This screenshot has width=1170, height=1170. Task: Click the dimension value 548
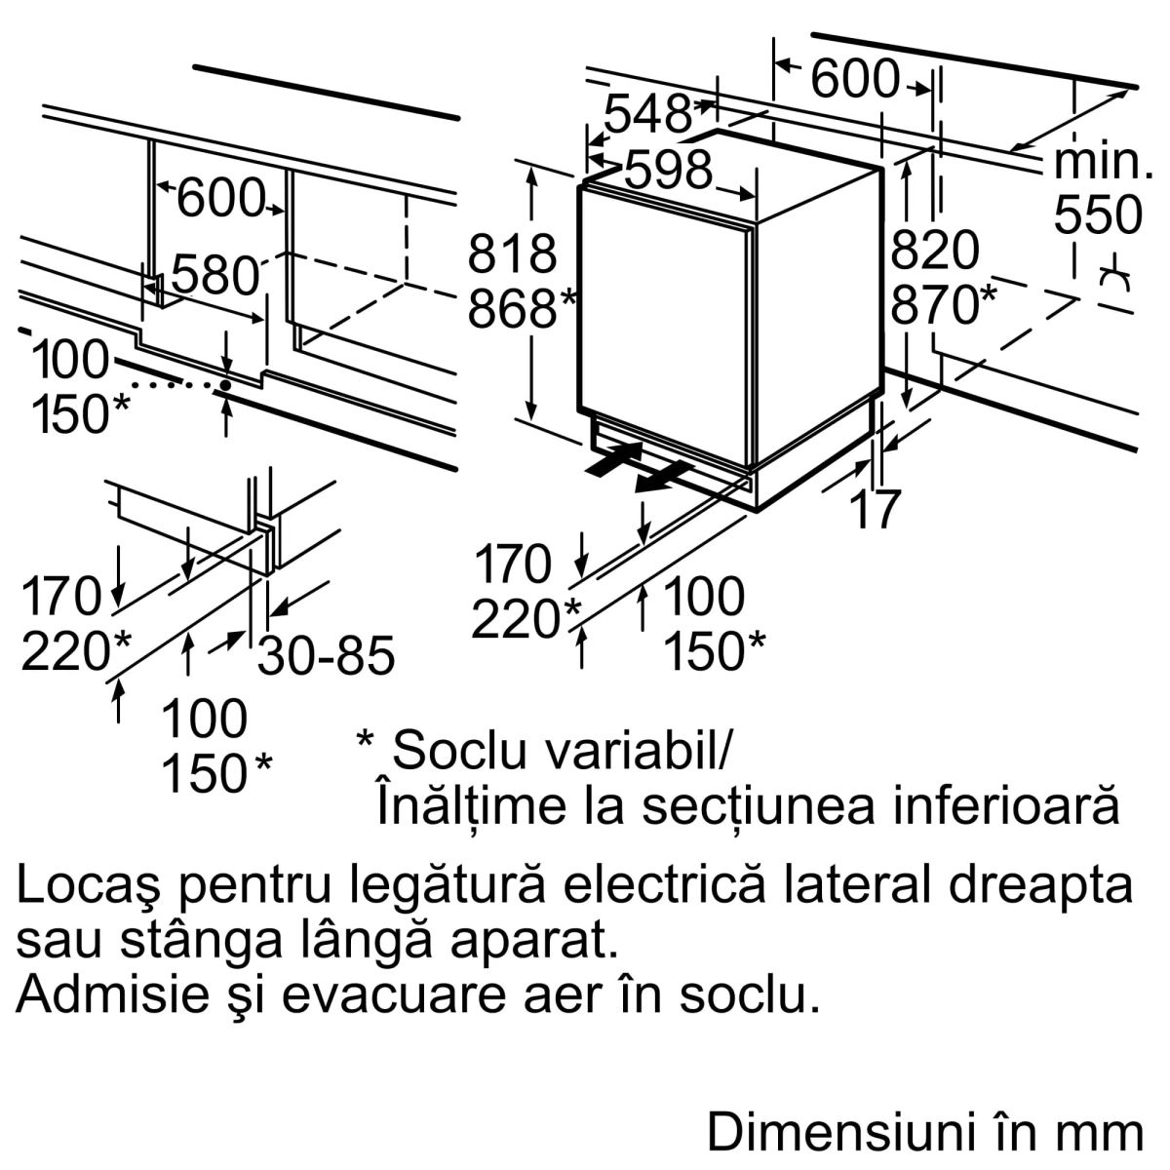[647, 115]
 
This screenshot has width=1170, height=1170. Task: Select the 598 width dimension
[669, 172]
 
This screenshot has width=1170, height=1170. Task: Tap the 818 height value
[512, 253]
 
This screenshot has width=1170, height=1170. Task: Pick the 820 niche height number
[935, 251]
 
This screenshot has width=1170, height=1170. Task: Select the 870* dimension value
[944, 306]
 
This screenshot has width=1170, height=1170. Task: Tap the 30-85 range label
[326, 655]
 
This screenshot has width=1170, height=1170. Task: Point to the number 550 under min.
[1098, 215]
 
